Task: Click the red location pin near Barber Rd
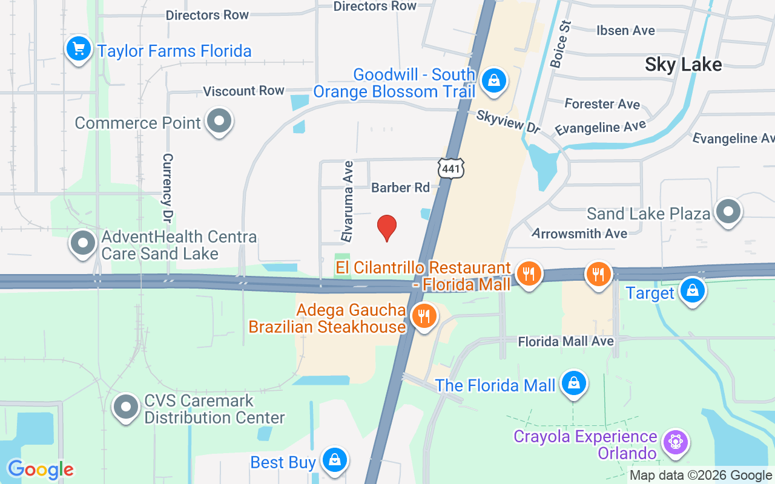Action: coord(387,227)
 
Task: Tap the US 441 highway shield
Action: coord(451,169)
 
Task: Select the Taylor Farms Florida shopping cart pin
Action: coord(78,49)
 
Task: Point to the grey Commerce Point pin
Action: coord(219,122)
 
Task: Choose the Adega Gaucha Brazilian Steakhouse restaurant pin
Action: coord(424,316)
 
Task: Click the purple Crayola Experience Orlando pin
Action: coord(673,443)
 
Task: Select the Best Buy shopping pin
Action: coord(334,461)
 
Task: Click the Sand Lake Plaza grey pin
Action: coord(728,212)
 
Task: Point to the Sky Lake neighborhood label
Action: coord(683,65)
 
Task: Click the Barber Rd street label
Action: coord(400,188)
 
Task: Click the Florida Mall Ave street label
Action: coord(566,342)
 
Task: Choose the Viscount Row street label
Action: coord(243,91)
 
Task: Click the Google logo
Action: coord(41,469)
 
